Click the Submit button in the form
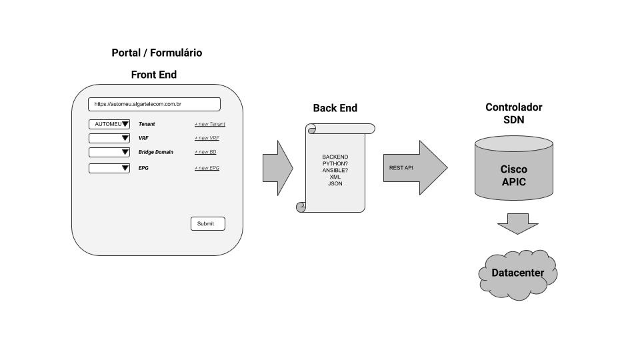click(207, 224)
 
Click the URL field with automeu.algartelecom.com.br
click(154, 105)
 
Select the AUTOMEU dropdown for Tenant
click(109, 124)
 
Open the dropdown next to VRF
click(109, 138)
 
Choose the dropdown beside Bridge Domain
click(109, 152)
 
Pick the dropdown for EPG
click(109, 168)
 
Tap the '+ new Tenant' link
click(210, 124)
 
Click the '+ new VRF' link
click(207, 138)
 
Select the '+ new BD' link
click(205, 152)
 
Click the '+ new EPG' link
click(207, 168)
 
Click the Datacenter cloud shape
click(518, 273)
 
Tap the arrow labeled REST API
click(414, 167)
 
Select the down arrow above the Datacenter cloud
click(518, 223)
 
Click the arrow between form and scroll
click(277, 167)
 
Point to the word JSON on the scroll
click(335, 183)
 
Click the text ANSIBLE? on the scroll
click(335, 170)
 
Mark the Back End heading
click(335, 108)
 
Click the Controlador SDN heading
click(513, 113)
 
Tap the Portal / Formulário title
click(157, 53)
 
